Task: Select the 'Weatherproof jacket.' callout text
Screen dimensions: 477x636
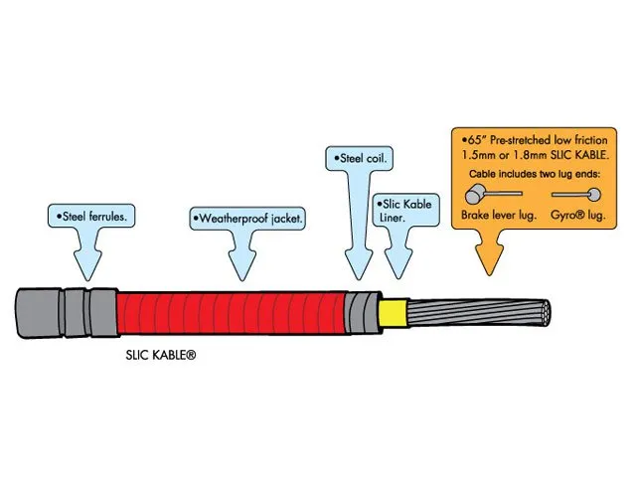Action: [247, 216]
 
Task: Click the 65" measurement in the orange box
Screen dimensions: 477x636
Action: [470, 141]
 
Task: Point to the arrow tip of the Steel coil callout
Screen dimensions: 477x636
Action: [356, 277]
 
